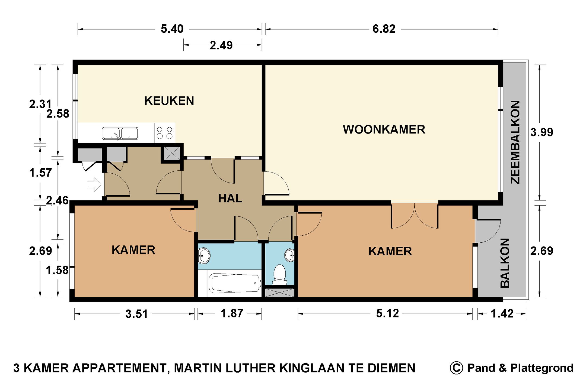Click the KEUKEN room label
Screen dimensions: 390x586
[x=169, y=101]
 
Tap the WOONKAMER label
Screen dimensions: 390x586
[x=384, y=129]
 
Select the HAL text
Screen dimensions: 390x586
[x=230, y=199]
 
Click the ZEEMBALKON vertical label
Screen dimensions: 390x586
[x=515, y=142]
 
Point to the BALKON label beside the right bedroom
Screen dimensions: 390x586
[x=505, y=263]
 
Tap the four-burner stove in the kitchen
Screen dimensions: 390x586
[x=165, y=133]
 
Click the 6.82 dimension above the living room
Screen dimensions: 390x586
[x=384, y=29]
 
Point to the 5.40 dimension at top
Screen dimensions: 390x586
[x=172, y=29]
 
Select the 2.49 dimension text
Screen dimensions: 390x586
[x=221, y=45]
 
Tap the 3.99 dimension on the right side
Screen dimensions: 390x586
[x=542, y=132]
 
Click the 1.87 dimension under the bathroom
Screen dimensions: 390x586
[x=232, y=313]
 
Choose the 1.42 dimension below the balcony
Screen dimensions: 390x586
[x=502, y=314]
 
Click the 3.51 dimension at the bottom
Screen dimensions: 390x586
[x=136, y=314]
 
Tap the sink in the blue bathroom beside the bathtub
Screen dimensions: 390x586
[x=204, y=256]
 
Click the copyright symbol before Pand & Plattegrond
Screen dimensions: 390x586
[x=456, y=368]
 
